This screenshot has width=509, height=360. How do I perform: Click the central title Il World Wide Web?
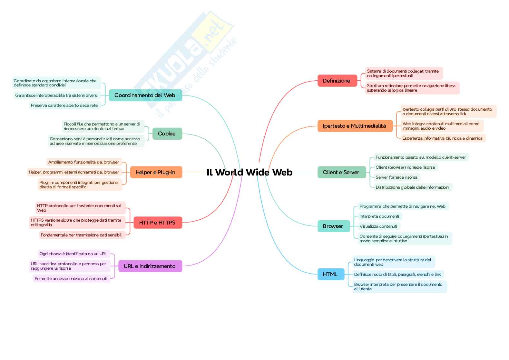click(x=250, y=172)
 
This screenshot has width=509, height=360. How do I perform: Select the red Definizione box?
click(x=337, y=81)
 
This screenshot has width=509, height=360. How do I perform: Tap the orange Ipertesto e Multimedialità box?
click(x=355, y=126)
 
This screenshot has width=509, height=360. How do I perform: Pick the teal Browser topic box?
click(x=334, y=226)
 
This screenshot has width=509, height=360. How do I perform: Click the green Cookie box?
click(x=167, y=134)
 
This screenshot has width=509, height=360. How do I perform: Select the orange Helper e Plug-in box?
click(x=156, y=172)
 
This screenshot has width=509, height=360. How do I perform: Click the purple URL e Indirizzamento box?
click(x=150, y=266)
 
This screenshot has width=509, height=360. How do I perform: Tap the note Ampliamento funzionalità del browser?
click(x=84, y=162)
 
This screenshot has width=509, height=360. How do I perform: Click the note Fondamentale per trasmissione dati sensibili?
click(x=82, y=235)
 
